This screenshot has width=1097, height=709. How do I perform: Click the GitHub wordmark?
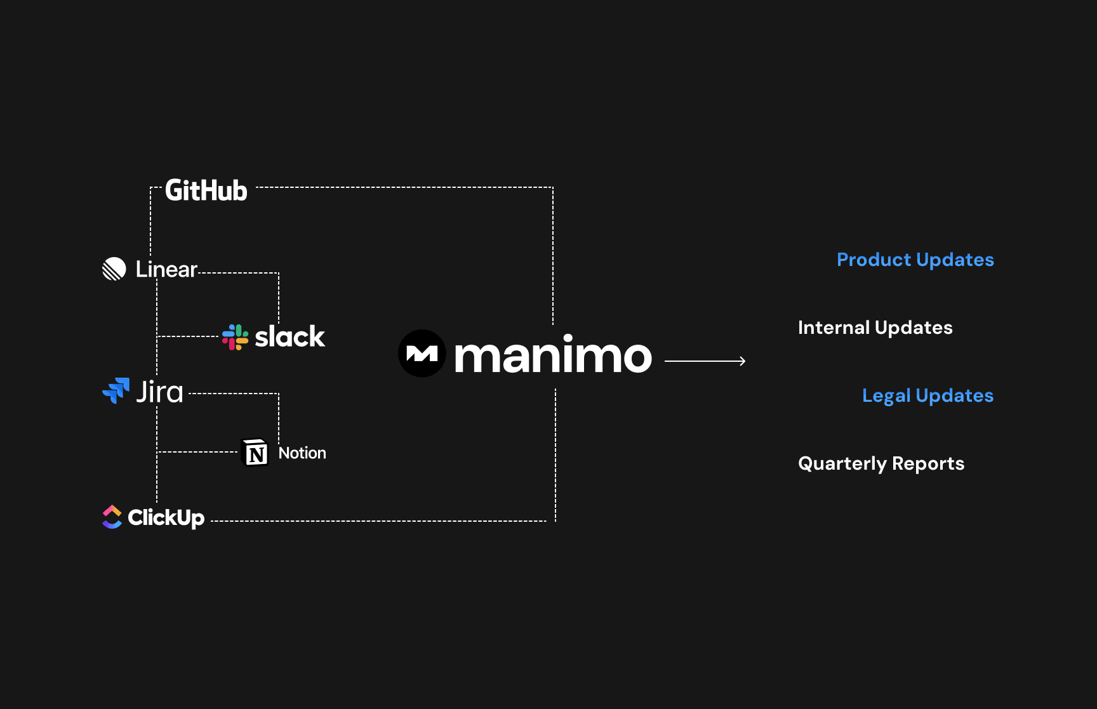[206, 190]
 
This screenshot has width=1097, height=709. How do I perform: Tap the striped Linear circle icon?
[114, 269]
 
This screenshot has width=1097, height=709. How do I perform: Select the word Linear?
[166, 270]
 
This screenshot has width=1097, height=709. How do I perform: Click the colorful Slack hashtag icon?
[235, 337]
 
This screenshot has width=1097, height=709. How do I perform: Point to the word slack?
[289, 337]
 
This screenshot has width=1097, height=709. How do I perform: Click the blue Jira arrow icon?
[116, 391]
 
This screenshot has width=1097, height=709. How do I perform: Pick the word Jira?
[159, 392]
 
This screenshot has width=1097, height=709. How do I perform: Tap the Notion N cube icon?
[256, 453]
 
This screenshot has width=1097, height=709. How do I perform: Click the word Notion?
[302, 453]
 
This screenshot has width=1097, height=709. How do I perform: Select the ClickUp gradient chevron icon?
[112, 517]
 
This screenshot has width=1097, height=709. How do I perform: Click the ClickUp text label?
[166, 518]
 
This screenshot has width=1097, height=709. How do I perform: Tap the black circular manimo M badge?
[422, 354]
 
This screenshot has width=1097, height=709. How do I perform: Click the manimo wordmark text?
[553, 355]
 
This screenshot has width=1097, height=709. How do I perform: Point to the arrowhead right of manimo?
[742, 361]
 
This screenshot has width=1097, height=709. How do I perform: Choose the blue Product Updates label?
[915, 260]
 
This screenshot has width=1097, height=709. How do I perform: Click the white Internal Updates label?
[875, 328]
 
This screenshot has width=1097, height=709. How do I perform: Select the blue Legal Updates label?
[927, 395]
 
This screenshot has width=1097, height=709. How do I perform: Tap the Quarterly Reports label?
[881, 463]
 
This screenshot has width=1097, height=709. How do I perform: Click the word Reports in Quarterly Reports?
[927, 464]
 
